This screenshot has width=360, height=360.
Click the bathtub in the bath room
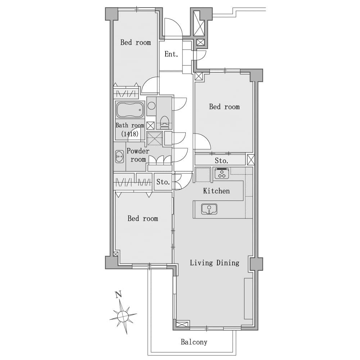click(x=130, y=110)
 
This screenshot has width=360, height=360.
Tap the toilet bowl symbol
click(x=164, y=122)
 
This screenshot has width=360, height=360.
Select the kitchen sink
click(x=209, y=209)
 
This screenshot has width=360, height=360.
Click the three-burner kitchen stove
click(x=222, y=174)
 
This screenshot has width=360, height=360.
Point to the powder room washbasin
click(x=120, y=156)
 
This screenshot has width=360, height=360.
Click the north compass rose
click(x=123, y=316)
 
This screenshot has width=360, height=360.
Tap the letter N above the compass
click(x=118, y=294)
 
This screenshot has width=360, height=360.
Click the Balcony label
click(x=194, y=342)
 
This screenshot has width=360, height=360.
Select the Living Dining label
click(x=215, y=263)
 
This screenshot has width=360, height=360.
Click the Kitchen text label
click(x=216, y=191)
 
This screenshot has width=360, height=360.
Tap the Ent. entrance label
click(x=171, y=54)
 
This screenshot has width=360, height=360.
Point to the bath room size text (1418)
click(x=130, y=134)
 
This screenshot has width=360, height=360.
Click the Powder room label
click(x=138, y=155)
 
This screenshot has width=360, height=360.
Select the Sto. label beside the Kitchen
click(x=163, y=182)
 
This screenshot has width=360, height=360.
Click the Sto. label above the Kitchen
click(x=221, y=161)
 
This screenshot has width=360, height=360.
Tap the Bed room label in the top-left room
click(x=136, y=42)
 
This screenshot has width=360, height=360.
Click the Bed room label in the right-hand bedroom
click(x=224, y=107)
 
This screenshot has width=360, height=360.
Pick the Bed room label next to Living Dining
click(x=143, y=219)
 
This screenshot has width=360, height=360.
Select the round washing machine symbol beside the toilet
click(x=152, y=106)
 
